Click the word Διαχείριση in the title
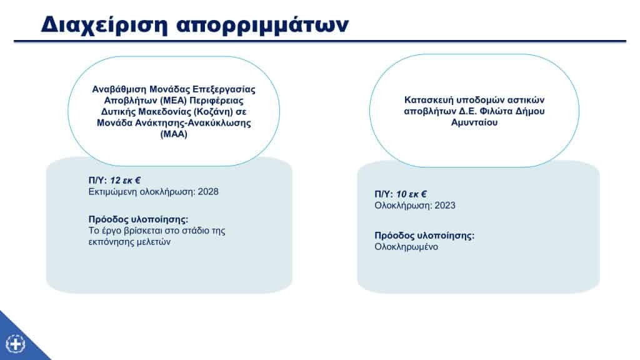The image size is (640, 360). [104, 25]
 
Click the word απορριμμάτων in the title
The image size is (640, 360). [262, 25]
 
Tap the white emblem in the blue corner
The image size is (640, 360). [16, 344]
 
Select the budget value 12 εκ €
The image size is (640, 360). [125, 181]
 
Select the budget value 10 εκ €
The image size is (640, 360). [411, 194]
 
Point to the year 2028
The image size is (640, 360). [208, 192]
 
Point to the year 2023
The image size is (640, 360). [445, 206]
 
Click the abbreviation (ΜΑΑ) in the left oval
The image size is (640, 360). [174, 134]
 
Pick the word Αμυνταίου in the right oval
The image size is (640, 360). [474, 122]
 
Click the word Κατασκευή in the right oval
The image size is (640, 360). [429, 100]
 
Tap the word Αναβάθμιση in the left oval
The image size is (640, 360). [119, 89]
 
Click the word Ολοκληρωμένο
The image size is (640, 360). [406, 247]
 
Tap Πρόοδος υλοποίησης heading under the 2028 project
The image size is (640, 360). [138, 219]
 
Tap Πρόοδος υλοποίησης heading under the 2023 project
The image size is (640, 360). [424, 236]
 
